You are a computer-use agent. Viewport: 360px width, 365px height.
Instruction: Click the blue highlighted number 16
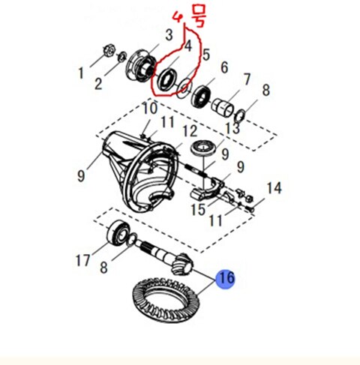pos(226,278)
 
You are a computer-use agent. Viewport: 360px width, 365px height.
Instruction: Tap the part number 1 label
pos(81,73)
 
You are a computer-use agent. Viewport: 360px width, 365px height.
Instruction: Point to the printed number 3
pos(169,34)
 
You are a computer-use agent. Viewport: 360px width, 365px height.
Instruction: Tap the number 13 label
pos(232,129)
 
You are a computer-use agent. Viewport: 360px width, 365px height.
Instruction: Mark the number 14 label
pos(274,188)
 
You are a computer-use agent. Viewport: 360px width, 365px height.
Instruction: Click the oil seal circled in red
pos(165,78)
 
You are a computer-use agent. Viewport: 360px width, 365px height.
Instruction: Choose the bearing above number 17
pos(118,232)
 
